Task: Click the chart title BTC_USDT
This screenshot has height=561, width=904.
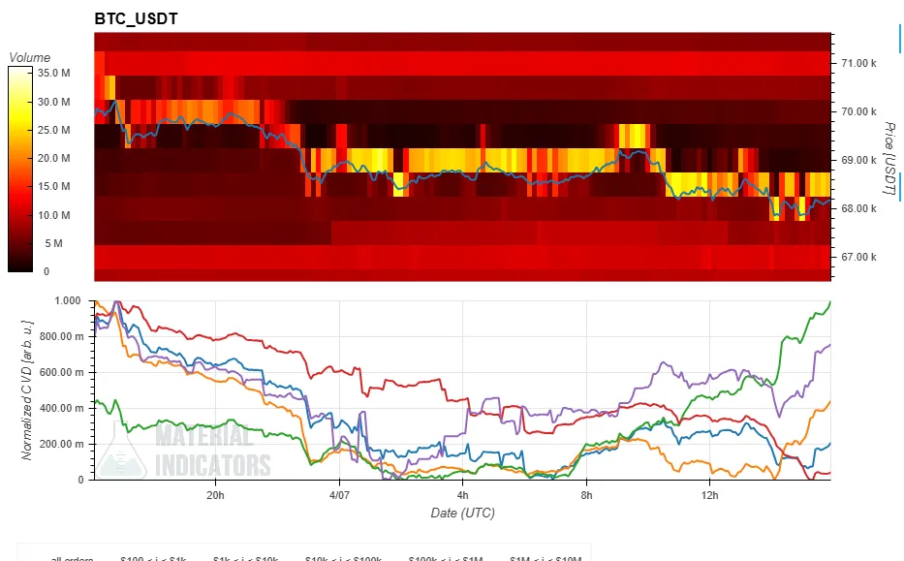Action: (136, 18)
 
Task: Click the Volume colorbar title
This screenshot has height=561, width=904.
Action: (29, 57)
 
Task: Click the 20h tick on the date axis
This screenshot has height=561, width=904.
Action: (215, 495)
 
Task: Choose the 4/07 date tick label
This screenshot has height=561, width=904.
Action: (339, 495)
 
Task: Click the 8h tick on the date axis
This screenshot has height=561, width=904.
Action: (587, 495)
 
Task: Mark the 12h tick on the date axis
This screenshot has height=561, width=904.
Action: (710, 495)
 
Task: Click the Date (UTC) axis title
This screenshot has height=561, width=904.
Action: (462, 512)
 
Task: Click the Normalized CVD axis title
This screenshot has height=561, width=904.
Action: (27, 390)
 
